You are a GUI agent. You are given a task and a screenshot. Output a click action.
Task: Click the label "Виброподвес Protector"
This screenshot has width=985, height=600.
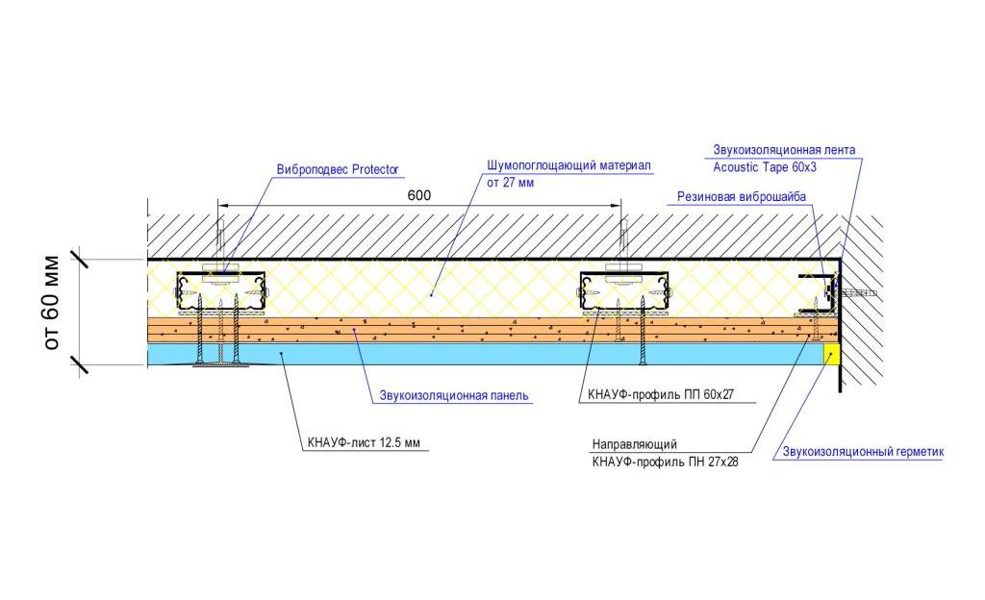pyautogui.click(x=338, y=170)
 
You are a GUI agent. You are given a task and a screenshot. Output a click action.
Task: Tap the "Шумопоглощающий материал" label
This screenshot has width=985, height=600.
pyautogui.click(x=568, y=165)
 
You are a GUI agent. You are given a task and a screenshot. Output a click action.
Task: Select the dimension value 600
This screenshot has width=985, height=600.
pyautogui.click(x=419, y=195)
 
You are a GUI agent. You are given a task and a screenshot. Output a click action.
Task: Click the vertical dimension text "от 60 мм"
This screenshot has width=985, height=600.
pyautogui.click(x=52, y=303)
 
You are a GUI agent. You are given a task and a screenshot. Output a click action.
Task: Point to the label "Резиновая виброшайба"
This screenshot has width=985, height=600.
pyautogui.click(x=742, y=196)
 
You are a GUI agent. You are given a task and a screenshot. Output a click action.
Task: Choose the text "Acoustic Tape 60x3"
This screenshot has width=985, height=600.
pyautogui.click(x=765, y=167)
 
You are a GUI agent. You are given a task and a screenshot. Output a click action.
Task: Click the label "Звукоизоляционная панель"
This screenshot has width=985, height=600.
pyautogui.click(x=454, y=396)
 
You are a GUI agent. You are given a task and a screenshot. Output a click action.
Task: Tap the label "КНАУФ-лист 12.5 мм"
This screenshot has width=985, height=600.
pyautogui.click(x=364, y=442)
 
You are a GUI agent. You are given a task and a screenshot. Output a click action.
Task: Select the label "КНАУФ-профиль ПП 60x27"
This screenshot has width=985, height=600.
pyautogui.click(x=660, y=395)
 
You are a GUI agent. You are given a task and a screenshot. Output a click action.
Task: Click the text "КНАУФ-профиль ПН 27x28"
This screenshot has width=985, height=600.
pyautogui.click(x=665, y=462)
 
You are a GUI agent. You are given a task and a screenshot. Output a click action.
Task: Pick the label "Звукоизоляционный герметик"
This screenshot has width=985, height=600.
pyautogui.click(x=863, y=452)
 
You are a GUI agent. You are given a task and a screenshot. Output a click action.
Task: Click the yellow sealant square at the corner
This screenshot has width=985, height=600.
pyautogui.click(x=832, y=354)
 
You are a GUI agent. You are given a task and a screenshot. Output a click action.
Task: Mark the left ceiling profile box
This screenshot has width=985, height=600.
pyautogui.click(x=220, y=291)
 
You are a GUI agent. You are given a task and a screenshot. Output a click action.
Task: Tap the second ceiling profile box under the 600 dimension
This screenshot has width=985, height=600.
pyautogui.click(x=623, y=291)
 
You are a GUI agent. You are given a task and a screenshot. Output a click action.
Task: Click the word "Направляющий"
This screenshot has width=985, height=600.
pyautogui.click(x=635, y=444)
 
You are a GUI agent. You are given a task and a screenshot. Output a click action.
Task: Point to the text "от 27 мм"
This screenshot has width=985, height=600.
pyautogui.click(x=510, y=183)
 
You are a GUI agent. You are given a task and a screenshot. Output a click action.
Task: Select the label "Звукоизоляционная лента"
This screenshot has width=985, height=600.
pyautogui.click(x=783, y=150)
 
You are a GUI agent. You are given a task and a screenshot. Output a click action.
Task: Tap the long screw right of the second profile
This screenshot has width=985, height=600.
pyautogui.click(x=643, y=331)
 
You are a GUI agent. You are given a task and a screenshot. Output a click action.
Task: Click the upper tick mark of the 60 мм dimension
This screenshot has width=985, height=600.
pyautogui.click(x=79, y=259)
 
